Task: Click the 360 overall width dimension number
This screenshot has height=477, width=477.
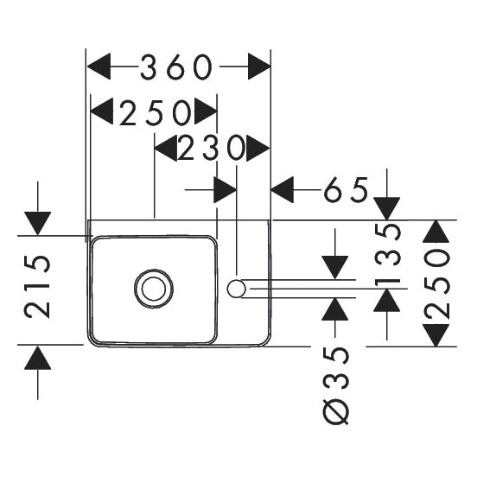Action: point(175,67)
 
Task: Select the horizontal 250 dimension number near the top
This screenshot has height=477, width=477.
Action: point(156,112)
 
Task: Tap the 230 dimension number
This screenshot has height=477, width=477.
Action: point(212,148)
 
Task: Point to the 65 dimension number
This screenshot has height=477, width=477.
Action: point(347,190)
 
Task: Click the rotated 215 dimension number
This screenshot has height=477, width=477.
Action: point(37,287)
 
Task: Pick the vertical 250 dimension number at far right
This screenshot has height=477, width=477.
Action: point(437,283)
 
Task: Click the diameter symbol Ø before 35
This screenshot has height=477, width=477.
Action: point(335,411)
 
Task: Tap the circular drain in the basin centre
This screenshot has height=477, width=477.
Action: point(154,289)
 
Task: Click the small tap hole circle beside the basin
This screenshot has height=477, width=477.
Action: point(237,289)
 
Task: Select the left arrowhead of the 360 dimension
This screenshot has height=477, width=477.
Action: point(99,67)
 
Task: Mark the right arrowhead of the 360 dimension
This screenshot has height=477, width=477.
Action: point(259,67)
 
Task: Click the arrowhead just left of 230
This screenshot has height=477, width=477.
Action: point(166,149)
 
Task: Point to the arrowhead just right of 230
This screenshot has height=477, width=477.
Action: point(258,149)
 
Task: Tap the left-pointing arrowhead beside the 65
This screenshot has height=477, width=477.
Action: point(283,190)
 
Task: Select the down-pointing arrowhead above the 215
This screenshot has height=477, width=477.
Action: point(38,224)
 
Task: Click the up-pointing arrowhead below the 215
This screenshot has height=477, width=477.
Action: point(38,358)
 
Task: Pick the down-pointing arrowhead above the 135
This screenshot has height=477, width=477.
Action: point(387,209)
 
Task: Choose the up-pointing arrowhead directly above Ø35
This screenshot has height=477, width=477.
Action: point(335,309)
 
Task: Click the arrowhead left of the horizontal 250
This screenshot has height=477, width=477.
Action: point(102,111)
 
